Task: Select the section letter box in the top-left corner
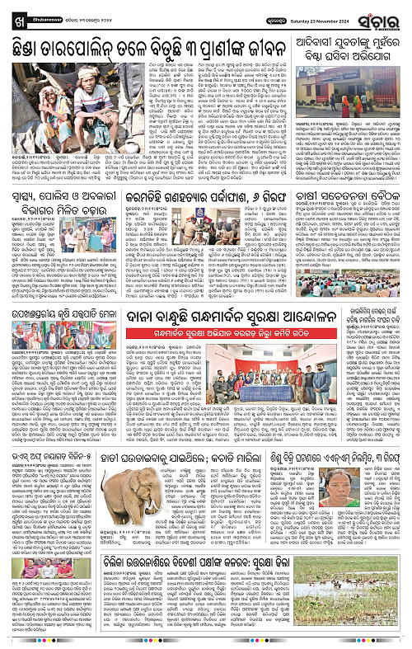[x=8, y=10]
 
